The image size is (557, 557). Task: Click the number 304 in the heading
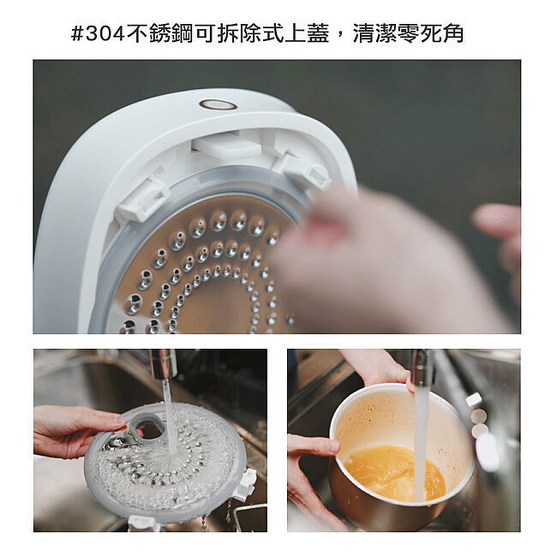pos(105,33)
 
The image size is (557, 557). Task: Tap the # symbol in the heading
pos(77,33)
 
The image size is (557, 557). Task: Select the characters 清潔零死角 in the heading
pos(409,33)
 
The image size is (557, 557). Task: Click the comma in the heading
pos(340,39)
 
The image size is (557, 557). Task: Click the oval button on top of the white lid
pos(219,105)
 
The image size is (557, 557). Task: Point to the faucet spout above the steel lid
pos(163,364)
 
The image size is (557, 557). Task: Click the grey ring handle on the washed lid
pos(145,429)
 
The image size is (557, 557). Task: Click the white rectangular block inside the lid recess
pos(227,144)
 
